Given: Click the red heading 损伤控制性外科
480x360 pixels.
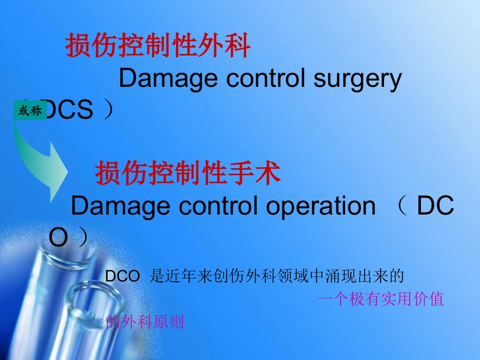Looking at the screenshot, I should coord(158,47).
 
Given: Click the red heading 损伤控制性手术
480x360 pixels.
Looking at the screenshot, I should coord(187,174).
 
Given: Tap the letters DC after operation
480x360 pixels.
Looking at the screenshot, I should coord(436,206).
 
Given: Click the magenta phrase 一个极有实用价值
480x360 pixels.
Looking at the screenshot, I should coord(380,299).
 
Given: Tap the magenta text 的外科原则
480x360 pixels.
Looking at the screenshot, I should coord(145,322).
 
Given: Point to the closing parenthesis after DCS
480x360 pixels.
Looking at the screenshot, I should coord(108,110).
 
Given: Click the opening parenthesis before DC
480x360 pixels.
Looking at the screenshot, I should coord(402,206).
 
